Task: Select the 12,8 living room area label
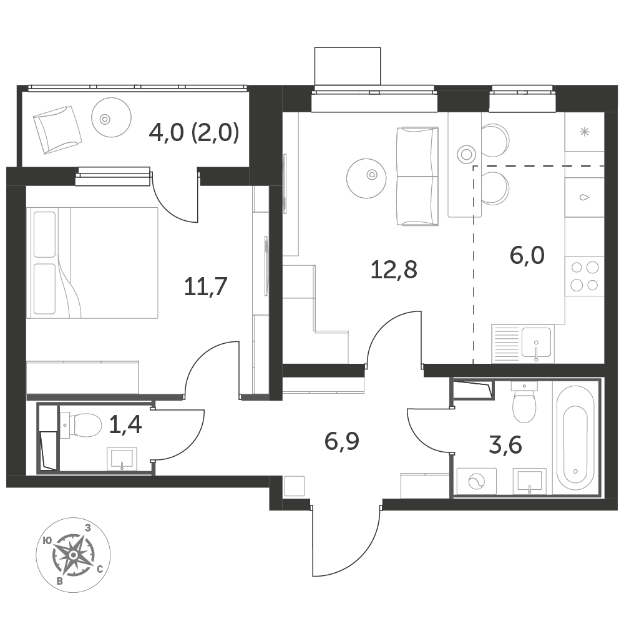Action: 393,270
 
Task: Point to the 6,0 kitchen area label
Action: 527,255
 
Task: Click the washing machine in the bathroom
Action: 477,482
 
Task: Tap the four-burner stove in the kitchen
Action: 585,276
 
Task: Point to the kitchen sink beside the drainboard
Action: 536,343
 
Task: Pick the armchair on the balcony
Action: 57,129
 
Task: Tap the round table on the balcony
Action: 111,117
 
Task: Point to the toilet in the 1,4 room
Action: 81,426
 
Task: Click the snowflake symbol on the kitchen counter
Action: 585,131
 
